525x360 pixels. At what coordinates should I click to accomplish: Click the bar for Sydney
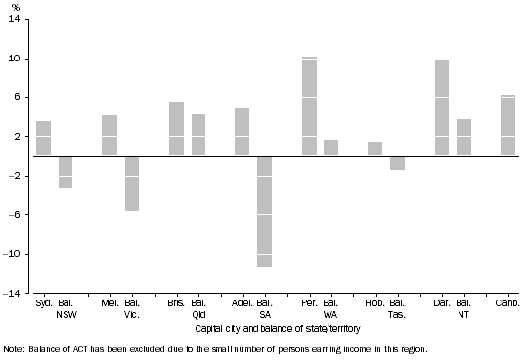[x=43, y=138]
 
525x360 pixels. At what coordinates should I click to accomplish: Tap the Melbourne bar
[x=109, y=135]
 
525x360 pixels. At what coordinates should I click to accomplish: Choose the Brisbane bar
[x=176, y=129]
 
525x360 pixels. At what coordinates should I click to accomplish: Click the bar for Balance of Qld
[x=198, y=135]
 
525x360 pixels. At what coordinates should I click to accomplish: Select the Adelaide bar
[x=242, y=132]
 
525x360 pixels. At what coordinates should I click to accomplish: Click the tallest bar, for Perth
[x=309, y=106]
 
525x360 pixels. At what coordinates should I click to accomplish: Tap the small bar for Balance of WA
[x=330, y=148]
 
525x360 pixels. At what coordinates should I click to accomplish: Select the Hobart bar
[x=375, y=149]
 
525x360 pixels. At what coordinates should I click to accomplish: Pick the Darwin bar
[x=442, y=107]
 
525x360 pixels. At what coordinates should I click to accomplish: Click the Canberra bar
[x=508, y=126]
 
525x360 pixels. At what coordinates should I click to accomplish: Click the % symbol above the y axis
[x=14, y=7]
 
